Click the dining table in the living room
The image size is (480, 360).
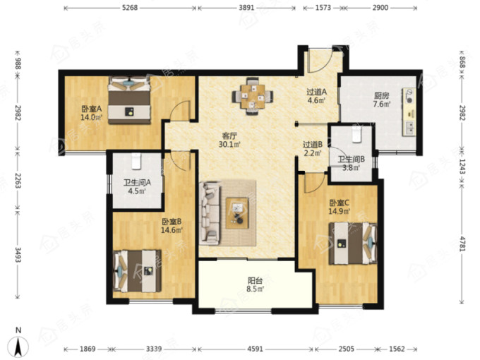(x=253, y=96)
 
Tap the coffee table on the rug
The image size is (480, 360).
(x=237, y=213)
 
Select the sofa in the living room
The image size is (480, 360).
(x=210, y=213)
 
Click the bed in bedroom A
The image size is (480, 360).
(x=129, y=100)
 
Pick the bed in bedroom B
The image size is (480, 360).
(x=137, y=271)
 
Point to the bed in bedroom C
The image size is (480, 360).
(x=353, y=244)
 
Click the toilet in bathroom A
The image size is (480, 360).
(x=136, y=162)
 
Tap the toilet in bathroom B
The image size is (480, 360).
(x=356, y=135)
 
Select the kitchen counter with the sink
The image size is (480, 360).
(x=409, y=112)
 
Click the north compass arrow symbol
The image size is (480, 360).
(x=19, y=347)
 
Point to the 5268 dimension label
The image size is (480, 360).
(x=130, y=8)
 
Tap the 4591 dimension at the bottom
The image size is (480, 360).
(x=255, y=349)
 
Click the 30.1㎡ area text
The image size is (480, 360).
(x=229, y=144)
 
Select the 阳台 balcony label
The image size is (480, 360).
(x=255, y=280)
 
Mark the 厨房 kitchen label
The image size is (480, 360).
(x=381, y=96)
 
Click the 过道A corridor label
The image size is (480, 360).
(x=317, y=92)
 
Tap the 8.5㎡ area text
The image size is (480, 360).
(x=255, y=289)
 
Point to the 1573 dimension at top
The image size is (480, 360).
(x=323, y=8)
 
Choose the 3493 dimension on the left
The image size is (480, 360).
(x=18, y=255)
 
